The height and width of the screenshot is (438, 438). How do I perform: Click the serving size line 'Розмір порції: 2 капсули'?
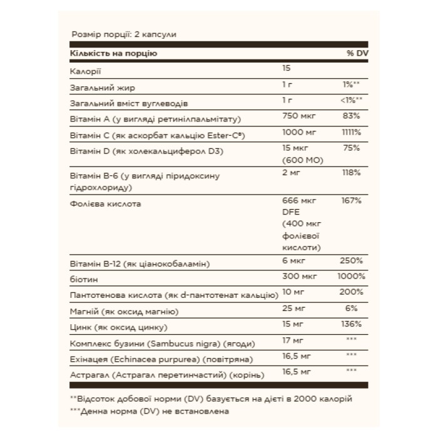[x=124, y=36]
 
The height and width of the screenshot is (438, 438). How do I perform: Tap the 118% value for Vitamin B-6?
[x=352, y=172]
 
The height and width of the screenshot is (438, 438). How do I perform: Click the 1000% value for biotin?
[x=350, y=276]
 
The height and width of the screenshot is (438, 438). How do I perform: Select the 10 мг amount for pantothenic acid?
[x=294, y=292]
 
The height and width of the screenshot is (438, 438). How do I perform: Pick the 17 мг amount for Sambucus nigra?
[x=292, y=340]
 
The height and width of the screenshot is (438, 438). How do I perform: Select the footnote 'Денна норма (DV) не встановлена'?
[x=150, y=412]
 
